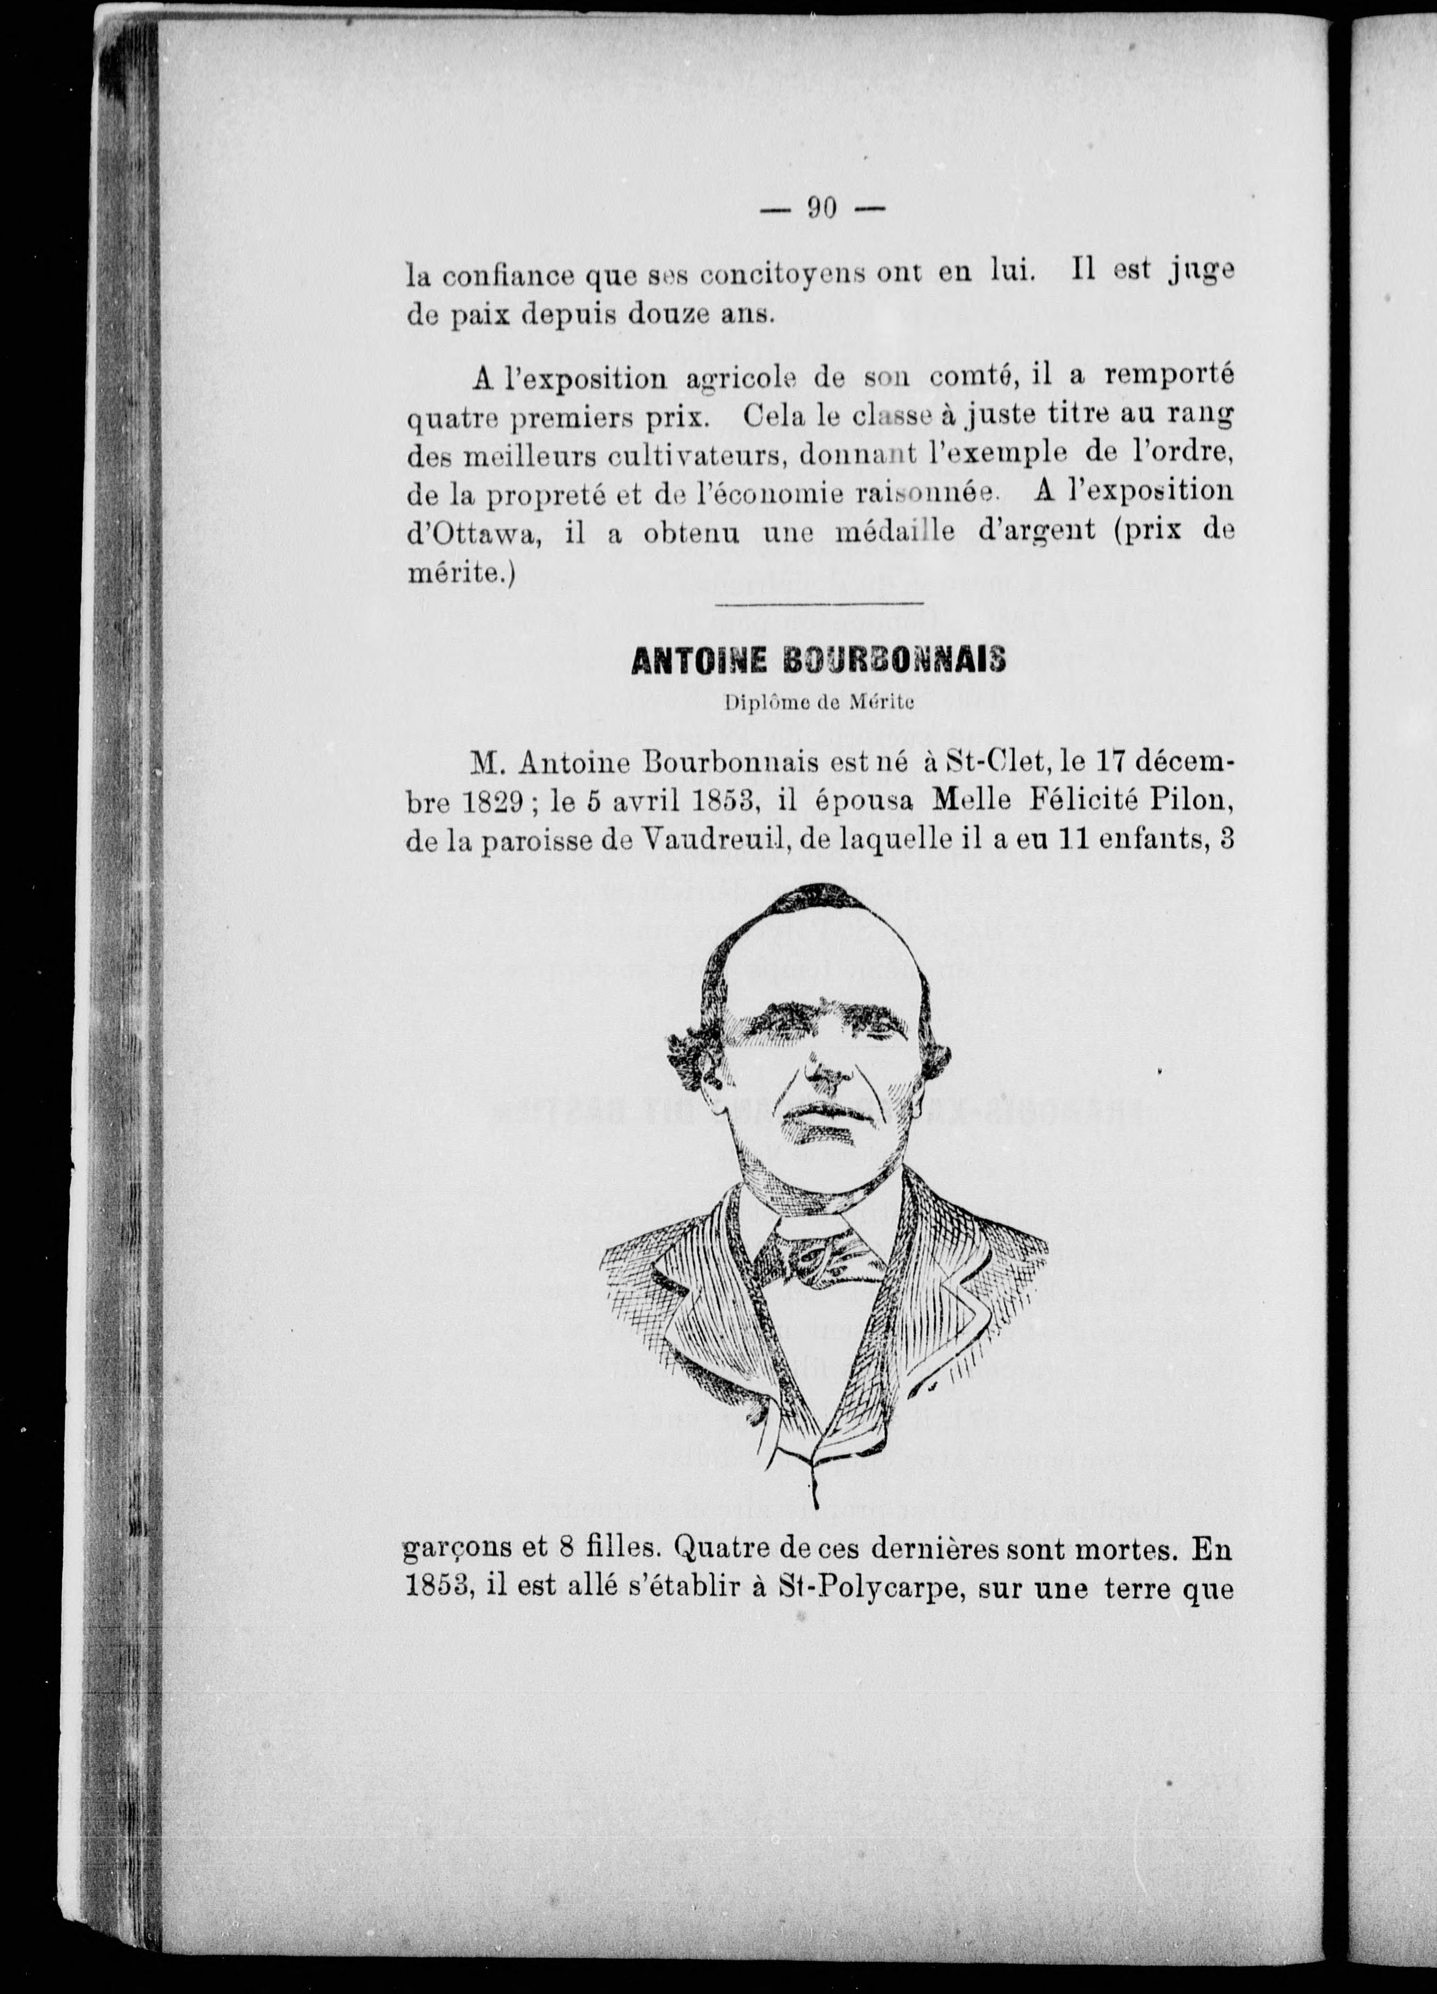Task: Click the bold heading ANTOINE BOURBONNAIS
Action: (818, 661)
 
